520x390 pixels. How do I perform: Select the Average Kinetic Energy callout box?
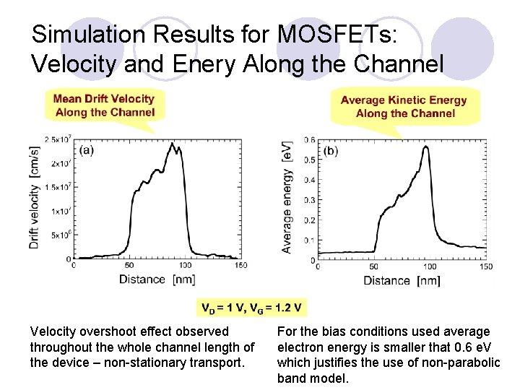coord(404,106)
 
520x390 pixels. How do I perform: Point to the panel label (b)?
coord(331,151)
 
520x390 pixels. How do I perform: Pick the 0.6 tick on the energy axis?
coord(309,139)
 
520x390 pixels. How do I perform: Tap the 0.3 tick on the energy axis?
coord(309,199)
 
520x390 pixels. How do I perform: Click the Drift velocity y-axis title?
coord(34,197)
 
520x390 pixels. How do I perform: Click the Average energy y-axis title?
coord(287,197)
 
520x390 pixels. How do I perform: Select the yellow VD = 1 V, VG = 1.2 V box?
coord(251,308)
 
